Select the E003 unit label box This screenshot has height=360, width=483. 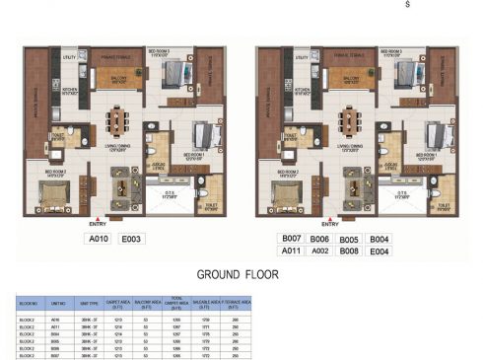coord(133,239)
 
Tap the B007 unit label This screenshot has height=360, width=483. coord(291,239)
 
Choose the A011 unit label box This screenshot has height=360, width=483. coord(291,252)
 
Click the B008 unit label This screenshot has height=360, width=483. coord(350,252)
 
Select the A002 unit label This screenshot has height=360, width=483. coord(320,252)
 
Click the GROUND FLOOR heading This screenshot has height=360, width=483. coord(241,275)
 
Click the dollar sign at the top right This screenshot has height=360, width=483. coord(406,5)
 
